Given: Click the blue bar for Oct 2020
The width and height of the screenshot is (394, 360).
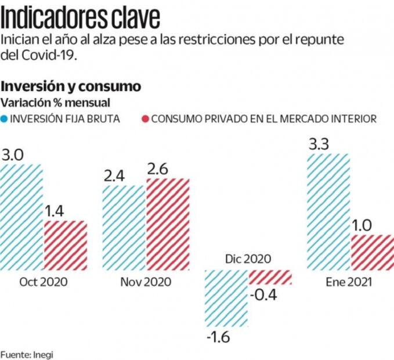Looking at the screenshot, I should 21,217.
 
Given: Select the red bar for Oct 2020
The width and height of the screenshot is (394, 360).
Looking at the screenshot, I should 66,245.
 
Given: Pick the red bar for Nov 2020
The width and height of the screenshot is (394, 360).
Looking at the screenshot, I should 168,224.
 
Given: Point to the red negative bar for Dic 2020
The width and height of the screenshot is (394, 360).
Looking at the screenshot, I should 270,277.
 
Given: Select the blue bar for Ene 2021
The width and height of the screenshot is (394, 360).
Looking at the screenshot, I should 328,212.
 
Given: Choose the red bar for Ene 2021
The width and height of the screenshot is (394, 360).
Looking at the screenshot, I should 372,252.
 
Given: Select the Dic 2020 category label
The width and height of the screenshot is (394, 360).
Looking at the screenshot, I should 248,259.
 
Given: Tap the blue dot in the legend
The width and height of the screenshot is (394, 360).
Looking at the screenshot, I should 5,119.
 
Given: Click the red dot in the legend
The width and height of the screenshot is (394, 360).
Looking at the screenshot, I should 144,119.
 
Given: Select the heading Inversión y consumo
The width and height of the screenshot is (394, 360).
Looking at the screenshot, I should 71,86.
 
